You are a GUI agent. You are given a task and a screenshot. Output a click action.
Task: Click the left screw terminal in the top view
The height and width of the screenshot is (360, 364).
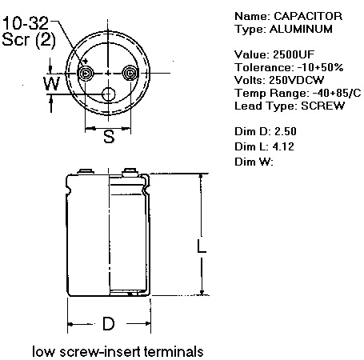pos(86,73)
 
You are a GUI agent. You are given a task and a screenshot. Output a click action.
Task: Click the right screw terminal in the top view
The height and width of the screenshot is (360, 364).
pos(130,73)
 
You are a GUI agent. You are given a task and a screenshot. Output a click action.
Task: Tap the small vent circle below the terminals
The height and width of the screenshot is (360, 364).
pos(108,94)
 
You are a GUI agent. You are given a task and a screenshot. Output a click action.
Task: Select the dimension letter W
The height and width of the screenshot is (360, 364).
pos(52,83)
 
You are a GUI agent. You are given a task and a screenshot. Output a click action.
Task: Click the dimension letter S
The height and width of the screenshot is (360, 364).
pos(109,136)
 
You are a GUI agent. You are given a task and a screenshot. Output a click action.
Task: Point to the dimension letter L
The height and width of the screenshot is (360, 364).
pos(202,246)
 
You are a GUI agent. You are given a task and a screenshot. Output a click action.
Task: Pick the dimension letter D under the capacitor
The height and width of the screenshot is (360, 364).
pos(109,323)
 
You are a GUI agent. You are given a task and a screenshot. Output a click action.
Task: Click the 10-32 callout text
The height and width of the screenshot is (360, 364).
pos(26,23)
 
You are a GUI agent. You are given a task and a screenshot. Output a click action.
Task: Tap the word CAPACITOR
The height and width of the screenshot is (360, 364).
pos(308,16)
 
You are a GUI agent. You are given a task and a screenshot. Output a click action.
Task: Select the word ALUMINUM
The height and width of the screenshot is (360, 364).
pos(301,29)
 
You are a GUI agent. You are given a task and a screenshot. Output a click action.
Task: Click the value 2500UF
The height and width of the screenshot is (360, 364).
pos(294,54)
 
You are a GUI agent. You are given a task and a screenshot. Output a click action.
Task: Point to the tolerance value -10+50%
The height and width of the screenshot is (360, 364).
pos(320,67)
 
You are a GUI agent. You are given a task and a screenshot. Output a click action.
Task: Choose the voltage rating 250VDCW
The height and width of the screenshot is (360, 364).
pos(296,80)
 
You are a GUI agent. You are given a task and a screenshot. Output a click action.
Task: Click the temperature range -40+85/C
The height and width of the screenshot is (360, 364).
pos(337,93)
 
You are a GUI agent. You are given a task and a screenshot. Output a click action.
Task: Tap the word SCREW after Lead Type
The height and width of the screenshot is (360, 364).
pos(322,106)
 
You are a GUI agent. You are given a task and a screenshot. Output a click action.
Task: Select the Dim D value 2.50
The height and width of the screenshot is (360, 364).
pos(286,131)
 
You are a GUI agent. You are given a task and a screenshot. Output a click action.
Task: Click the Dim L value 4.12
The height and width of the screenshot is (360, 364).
pos(283,146)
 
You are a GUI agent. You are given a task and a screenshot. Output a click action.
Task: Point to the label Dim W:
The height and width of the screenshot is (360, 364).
pos(254,162)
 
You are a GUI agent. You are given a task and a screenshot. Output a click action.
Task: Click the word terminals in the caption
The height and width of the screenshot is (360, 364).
pos(174,351)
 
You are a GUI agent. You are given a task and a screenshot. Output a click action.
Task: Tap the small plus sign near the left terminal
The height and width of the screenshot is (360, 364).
pos(86,61)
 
